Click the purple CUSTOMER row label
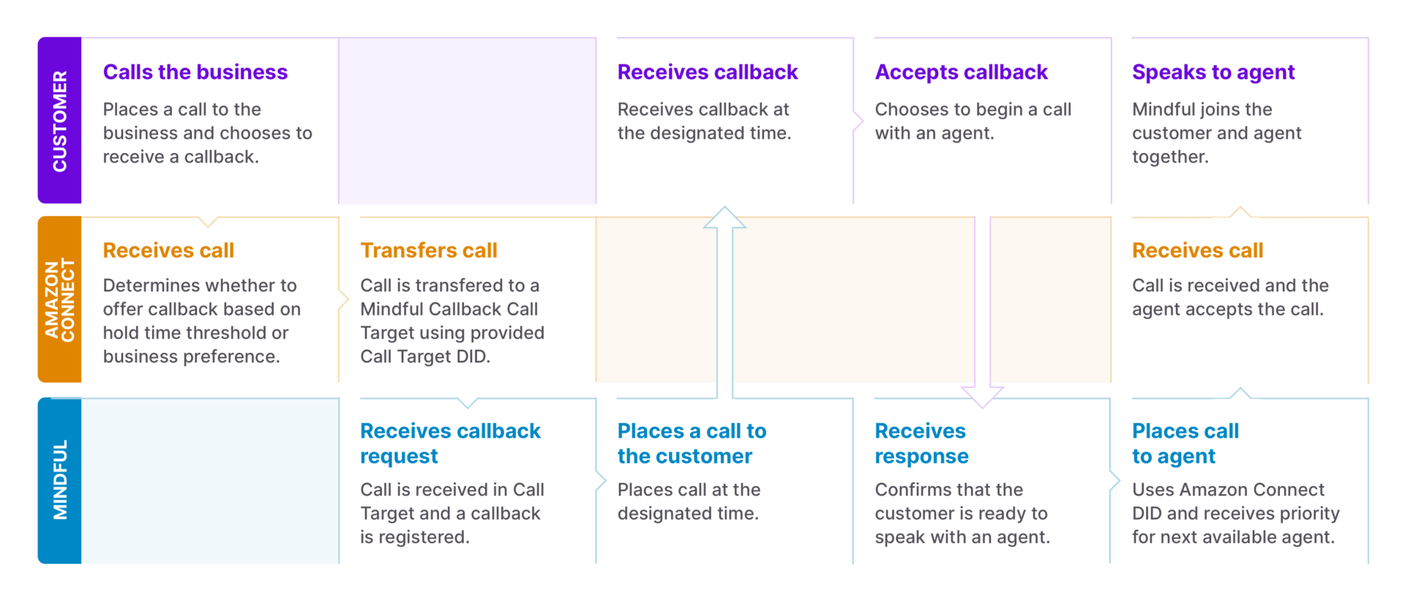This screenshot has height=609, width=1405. point(59,121)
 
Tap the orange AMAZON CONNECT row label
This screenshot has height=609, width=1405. point(59,299)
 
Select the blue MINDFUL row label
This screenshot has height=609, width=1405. point(59,480)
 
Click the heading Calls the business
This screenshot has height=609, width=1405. point(195,72)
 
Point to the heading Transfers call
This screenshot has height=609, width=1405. point(428,250)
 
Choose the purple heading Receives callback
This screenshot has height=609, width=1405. point(707,72)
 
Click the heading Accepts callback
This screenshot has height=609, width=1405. point(961,72)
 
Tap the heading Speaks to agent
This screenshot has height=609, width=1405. point(1213,72)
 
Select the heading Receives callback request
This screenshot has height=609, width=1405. point(449,443)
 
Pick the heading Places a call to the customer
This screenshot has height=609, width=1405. point(691,443)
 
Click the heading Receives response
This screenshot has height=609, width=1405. point(921,443)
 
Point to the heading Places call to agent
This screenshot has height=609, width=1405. point(1184,443)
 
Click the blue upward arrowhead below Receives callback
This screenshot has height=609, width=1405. point(724,217)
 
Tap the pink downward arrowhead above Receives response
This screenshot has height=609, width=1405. point(982,397)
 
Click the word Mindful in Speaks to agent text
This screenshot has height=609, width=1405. point(1165,110)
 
